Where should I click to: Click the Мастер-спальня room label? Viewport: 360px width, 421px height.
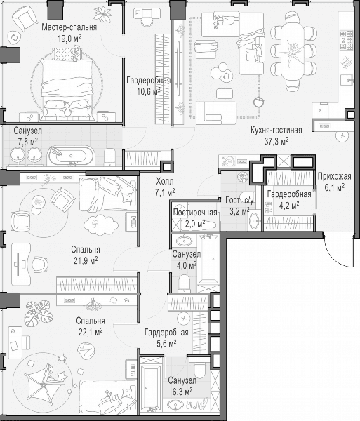(69, 27)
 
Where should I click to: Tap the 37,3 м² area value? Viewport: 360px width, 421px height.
(276, 141)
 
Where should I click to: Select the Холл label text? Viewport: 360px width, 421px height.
(165, 182)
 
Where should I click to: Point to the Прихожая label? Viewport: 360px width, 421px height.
(334, 176)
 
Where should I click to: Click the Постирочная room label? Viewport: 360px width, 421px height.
(195, 213)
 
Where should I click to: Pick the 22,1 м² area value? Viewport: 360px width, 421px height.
(91, 333)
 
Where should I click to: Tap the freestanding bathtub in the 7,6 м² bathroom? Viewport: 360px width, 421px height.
(71, 156)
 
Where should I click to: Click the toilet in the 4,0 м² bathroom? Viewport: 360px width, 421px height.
(184, 283)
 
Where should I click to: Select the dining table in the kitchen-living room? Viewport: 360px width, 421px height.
(293, 51)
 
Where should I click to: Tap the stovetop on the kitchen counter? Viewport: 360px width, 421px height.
(346, 40)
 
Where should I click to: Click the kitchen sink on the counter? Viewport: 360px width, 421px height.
(347, 80)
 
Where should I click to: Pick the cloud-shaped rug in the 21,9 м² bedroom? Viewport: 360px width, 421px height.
(100, 225)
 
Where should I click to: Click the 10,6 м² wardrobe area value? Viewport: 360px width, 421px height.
(149, 92)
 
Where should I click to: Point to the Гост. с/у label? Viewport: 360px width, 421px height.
(239, 200)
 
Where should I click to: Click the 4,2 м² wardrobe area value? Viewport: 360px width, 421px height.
(289, 206)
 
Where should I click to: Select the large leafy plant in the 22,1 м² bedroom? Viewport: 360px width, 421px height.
(38, 311)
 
